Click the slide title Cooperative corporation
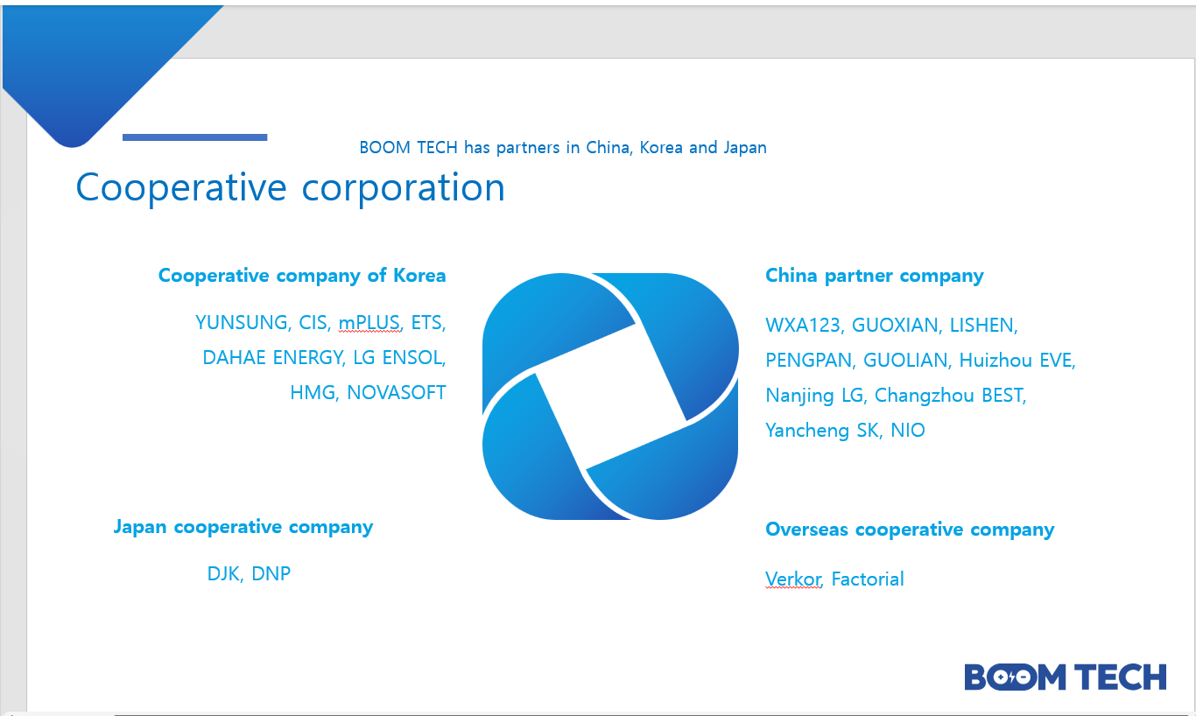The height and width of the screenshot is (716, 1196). (x=290, y=187)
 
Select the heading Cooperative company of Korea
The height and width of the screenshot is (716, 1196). (x=302, y=276)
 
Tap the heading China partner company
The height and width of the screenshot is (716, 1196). (x=874, y=276)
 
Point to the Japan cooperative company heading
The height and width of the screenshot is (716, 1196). (x=243, y=527)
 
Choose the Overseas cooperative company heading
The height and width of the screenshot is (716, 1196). (x=910, y=530)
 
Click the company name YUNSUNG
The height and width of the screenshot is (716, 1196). (x=242, y=322)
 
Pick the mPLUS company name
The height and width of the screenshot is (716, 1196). (x=369, y=322)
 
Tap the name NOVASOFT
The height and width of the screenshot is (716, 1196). (x=396, y=392)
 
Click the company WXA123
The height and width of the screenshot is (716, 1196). (x=803, y=325)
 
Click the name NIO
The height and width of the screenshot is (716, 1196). (x=908, y=431)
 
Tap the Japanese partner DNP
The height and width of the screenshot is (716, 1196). (x=271, y=574)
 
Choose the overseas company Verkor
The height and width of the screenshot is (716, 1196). (x=792, y=579)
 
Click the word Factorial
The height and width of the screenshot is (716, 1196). (x=868, y=579)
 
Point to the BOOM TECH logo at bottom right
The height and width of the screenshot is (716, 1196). (x=1066, y=677)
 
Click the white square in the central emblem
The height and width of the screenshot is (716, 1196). (x=610, y=397)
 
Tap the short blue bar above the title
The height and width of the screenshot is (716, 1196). (x=195, y=137)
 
